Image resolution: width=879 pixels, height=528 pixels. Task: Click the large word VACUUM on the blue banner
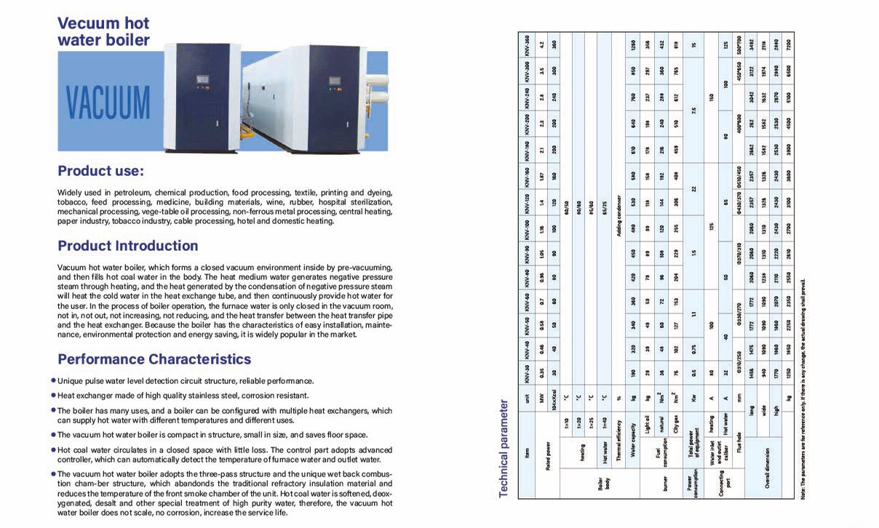tap(108, 103)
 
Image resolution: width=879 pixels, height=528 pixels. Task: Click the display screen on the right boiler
tap(335, 79)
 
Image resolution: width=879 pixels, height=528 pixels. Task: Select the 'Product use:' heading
tap(101, 172)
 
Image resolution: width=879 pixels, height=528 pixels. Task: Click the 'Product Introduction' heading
tap(128, 246)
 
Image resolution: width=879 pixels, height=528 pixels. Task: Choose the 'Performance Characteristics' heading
tap(154, 359)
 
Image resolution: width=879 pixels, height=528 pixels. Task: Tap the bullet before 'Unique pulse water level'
tap(53, 380)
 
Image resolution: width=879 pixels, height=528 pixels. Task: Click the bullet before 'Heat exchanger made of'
tap(53, 396)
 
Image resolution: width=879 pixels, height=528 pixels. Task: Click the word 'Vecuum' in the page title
tap(88, 23)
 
